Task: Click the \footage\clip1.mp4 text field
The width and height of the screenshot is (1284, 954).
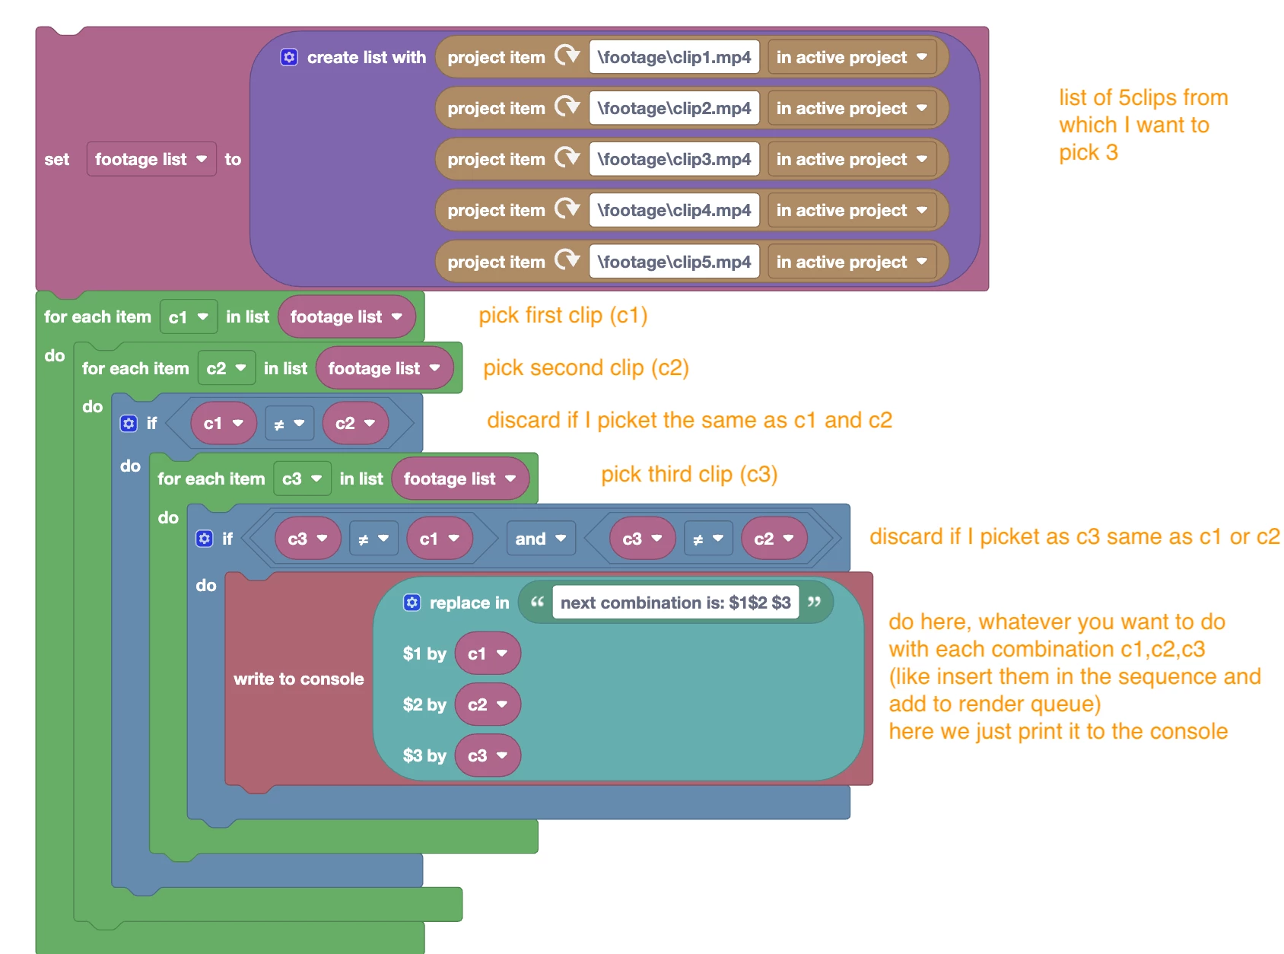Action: (x=674, y=57)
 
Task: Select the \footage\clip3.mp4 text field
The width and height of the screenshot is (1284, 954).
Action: (x=674, y=159)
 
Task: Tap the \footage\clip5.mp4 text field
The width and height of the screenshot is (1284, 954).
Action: (x=674, y=262)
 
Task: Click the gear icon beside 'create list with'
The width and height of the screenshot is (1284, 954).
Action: (x=289, y=57)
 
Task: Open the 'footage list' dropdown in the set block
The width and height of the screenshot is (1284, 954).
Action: (x=151, y=159)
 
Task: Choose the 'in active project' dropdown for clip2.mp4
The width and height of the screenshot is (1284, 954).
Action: (x=851, y=108)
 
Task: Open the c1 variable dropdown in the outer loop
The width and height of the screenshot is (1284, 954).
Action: (x=188, y=316)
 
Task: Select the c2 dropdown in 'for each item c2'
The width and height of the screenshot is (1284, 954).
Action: (x=226, y=368)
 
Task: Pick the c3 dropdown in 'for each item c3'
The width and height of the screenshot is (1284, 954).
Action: (x=301, y=479)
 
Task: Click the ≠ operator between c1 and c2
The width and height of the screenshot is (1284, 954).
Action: (x=288, y=424)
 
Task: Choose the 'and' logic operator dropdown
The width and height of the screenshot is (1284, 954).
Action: (x=540, y=539)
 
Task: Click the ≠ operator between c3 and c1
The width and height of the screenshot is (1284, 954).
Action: (x=373, y=539)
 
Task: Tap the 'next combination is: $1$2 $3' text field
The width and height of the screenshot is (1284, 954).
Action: (x=675, y=603)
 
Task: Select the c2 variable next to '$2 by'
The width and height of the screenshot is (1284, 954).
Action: (x=487, y=704)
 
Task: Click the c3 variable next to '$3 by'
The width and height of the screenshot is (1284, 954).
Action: (x=487, y=755)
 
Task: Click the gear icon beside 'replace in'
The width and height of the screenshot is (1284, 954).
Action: (x=412, y=603)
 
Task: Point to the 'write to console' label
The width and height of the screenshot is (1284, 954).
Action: (x=298, y=679)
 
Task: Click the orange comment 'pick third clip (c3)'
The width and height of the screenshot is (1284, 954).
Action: (x=689, y=474)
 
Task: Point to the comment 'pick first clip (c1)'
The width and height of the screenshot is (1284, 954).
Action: (x=563, y=315)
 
